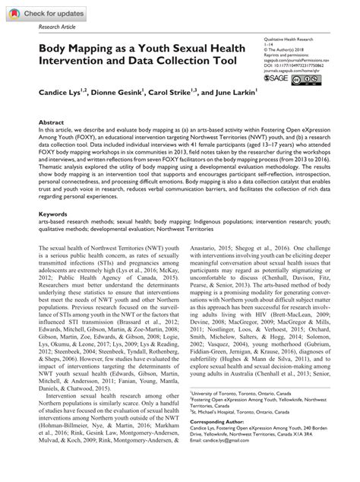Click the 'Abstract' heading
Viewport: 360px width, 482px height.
pyautogui.click(x=52, y=122)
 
